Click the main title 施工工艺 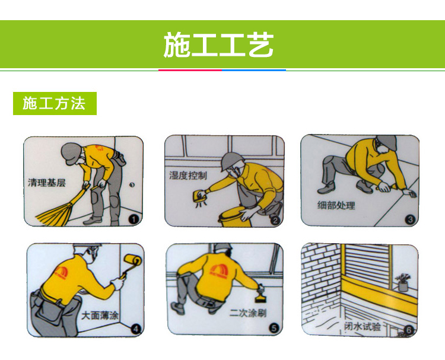(218, 45)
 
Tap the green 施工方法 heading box (55, 103)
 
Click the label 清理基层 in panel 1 (47, 183)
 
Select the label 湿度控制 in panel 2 (188, 176)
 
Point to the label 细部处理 (336, 205)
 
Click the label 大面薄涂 (100, 315)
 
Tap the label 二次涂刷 (248, 313)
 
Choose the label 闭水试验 (363, 326)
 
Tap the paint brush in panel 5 (259, 297)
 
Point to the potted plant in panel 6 (403, 282)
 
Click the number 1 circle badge (133, 219)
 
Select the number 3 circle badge (410, 219)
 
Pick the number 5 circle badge (274, 328)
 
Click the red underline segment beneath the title (190, 70)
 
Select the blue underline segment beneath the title (254, 70)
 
